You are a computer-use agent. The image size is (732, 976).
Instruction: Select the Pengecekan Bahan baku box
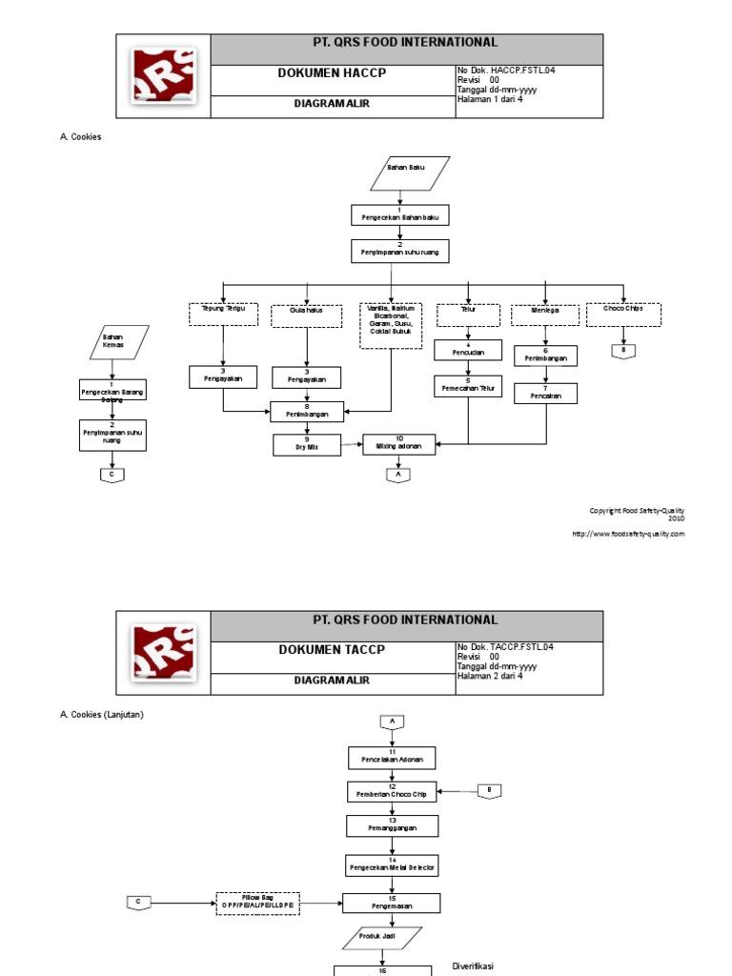point(399,215)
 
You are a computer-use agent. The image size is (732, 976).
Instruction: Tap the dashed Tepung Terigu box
point(224,314)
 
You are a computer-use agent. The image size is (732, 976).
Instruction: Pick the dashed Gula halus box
point(306,315)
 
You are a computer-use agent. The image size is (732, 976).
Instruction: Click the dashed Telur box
point(468,314)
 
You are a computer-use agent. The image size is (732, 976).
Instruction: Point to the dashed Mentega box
point(546,315)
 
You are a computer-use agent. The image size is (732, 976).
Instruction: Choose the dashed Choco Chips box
point(623,314)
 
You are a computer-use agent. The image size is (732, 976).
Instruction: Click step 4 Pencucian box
point(468,350)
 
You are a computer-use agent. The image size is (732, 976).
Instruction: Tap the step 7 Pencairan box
point(546,393)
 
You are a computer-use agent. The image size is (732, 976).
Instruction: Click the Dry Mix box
point(306,444)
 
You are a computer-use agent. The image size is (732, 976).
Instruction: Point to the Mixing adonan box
point(399,443)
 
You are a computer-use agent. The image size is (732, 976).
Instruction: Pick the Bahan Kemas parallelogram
point(113,340)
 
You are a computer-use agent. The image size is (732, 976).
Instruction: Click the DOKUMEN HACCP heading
point(332,74)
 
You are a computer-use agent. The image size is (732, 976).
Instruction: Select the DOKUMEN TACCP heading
point(332,650)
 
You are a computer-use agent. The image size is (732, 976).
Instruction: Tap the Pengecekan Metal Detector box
point(393,865)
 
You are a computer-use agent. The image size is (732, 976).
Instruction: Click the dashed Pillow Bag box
point(257,903)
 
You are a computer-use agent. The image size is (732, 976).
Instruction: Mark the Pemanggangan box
point(393,825)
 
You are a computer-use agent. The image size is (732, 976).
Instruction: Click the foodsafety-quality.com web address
point(628,535)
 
